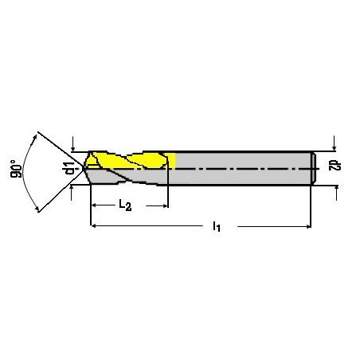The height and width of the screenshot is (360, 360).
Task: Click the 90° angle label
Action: coord(16,169)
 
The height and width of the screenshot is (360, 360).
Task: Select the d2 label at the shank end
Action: coord(335,166)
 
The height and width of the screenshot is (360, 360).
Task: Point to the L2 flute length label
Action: coord(125,205)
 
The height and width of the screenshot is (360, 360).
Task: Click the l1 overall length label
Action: coord(217,227)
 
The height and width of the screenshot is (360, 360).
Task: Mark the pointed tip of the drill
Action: coord(84,168)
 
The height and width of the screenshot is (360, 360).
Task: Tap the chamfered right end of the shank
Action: coord(314,168)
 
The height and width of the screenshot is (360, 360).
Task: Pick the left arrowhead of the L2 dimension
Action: coord(93,205)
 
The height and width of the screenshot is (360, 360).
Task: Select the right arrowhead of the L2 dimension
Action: coord(166,205)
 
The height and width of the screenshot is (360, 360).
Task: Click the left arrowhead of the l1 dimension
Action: coord(93,226)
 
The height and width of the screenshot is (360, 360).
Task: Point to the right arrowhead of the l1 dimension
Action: coord(308,226)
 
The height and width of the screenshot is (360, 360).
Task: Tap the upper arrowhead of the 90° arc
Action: coord(34,137)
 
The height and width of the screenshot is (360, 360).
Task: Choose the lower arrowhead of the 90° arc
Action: coord(37,209)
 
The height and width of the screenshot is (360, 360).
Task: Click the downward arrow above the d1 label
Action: coord(73,144)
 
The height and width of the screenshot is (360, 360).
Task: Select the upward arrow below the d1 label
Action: coord(71,192)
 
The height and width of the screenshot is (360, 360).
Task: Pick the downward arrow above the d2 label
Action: coord(335,143)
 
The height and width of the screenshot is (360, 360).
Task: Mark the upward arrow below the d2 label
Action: coord(337,193)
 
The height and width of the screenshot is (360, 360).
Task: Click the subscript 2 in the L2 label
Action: coord(128,207)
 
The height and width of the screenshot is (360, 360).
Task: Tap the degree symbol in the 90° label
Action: coord(13,162)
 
